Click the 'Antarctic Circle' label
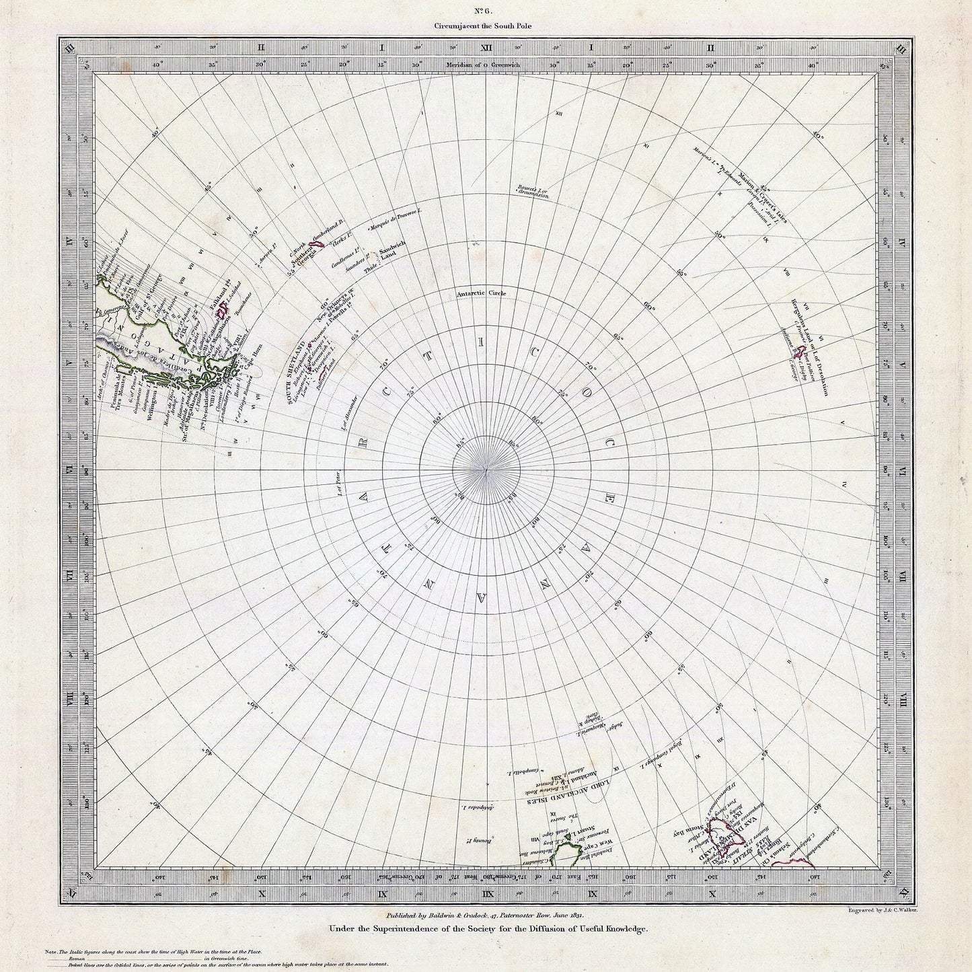pos(481,294)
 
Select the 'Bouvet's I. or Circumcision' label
pos(534,192)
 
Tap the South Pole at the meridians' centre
pos(486,469)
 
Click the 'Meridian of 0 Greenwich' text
pos(486,65)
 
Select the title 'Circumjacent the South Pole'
pos(486,26)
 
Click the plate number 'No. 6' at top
pos(486,10)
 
